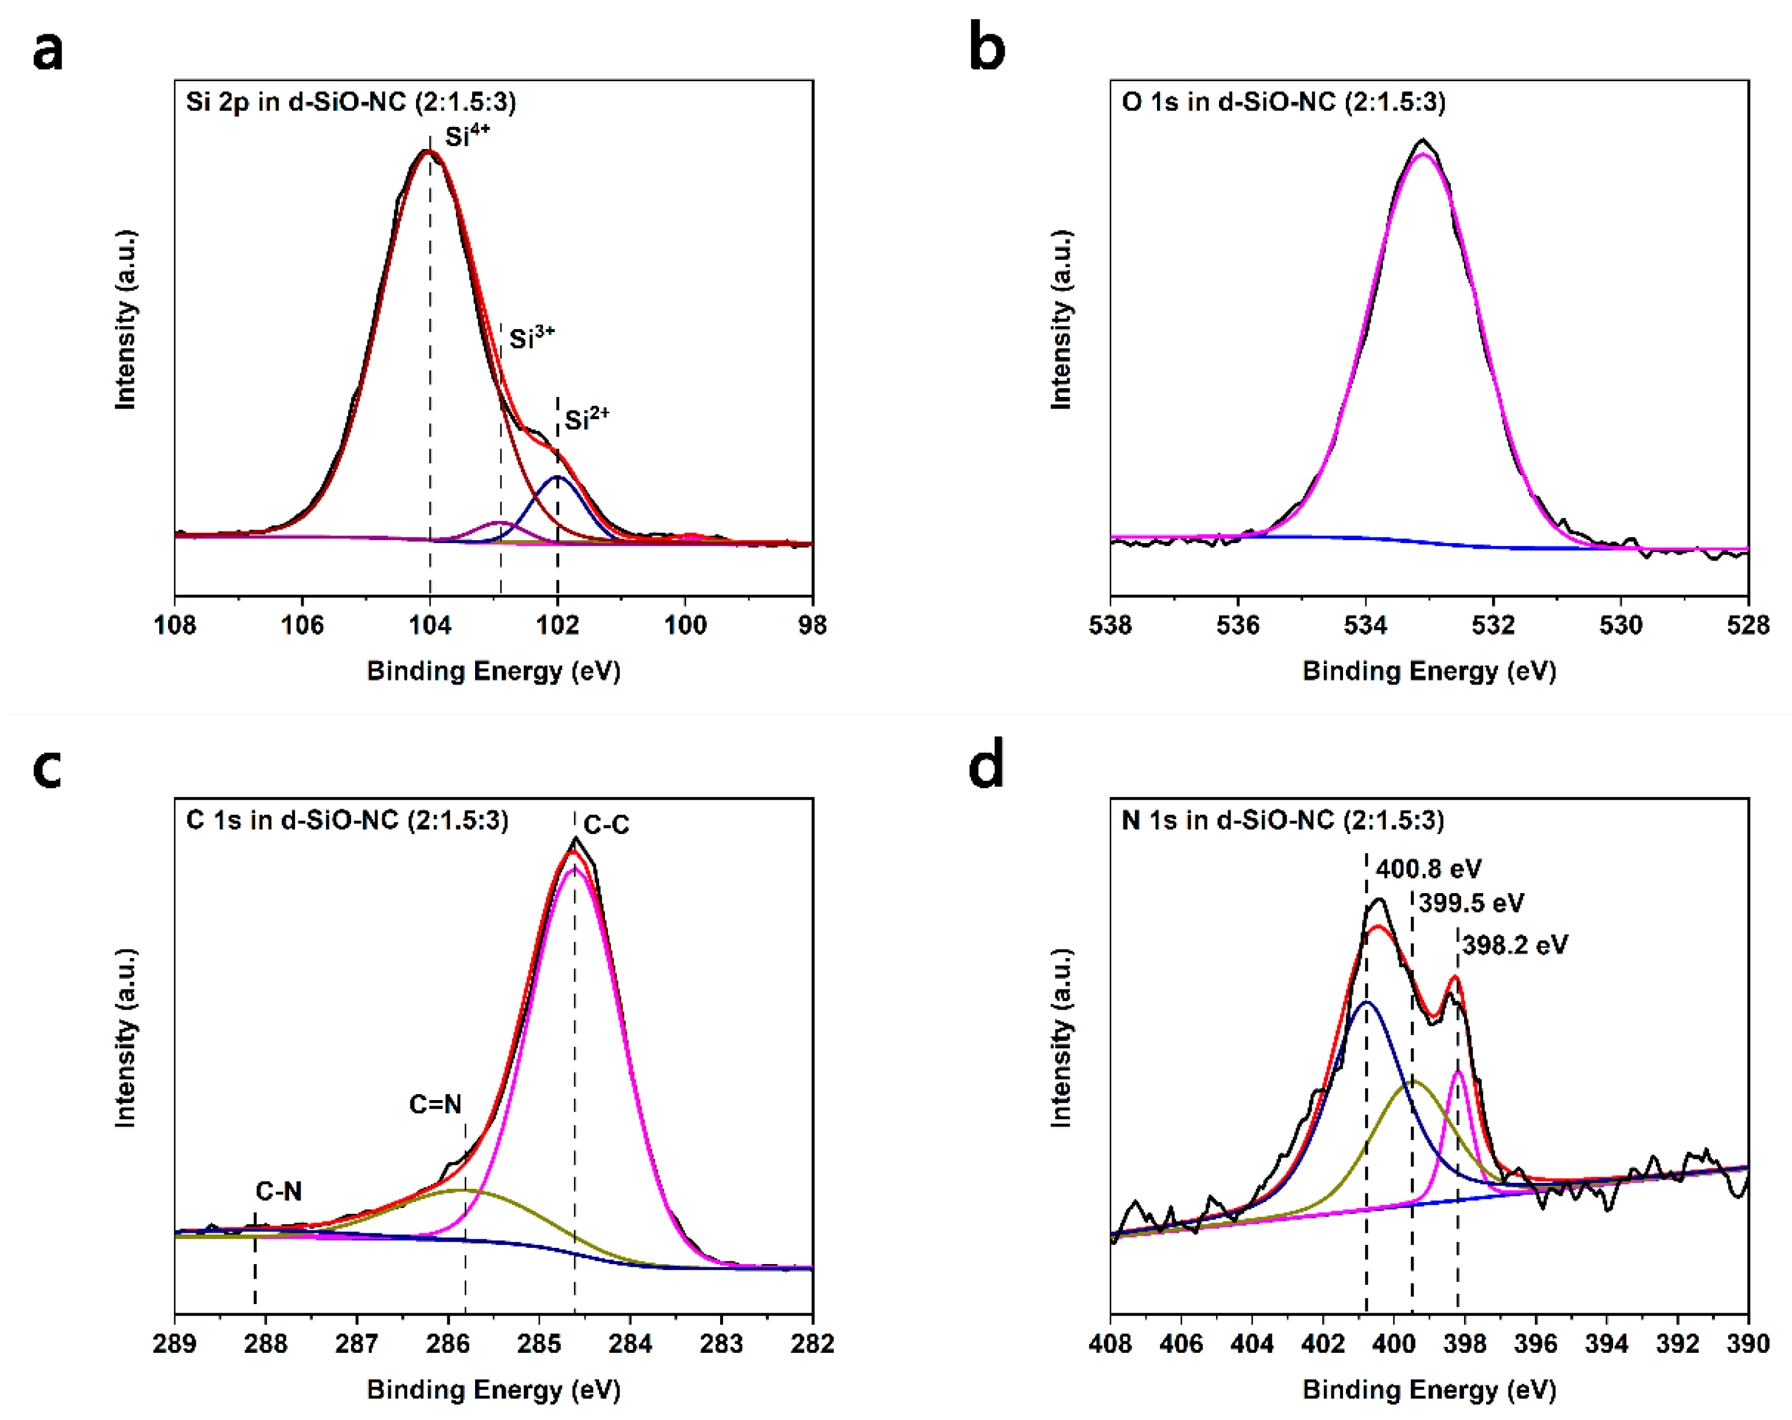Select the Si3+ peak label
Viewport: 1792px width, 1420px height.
click(x=531, y=337)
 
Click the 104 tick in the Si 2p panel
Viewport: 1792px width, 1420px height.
click(x=430, y=624)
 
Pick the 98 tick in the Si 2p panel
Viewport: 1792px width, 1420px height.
click(x=812, y=624)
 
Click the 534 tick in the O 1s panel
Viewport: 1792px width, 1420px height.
click(x=1366, y=624)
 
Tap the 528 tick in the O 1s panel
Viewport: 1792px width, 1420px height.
click(x=1748, y=624)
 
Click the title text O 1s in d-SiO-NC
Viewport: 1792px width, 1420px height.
click(x=1283, y=102)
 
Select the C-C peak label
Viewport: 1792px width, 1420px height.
click(x=606, y=825)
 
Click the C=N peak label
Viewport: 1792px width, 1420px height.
click(x=435, y=1104)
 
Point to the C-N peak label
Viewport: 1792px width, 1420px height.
click(x=279, y=1192)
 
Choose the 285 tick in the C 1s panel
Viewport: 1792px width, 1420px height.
click(x=539, y=1343)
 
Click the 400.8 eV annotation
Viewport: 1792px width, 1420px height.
click(x=1428, y=869)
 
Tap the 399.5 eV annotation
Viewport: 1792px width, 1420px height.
click(x=1470, y=903)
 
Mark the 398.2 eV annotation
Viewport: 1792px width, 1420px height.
click(x=1514, y=945)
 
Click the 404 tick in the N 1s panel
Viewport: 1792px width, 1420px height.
click(x=1252, y=1343)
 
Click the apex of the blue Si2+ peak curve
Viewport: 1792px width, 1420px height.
click(x=557, y=477)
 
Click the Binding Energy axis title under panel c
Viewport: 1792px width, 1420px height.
click(x=494, y=1389)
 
